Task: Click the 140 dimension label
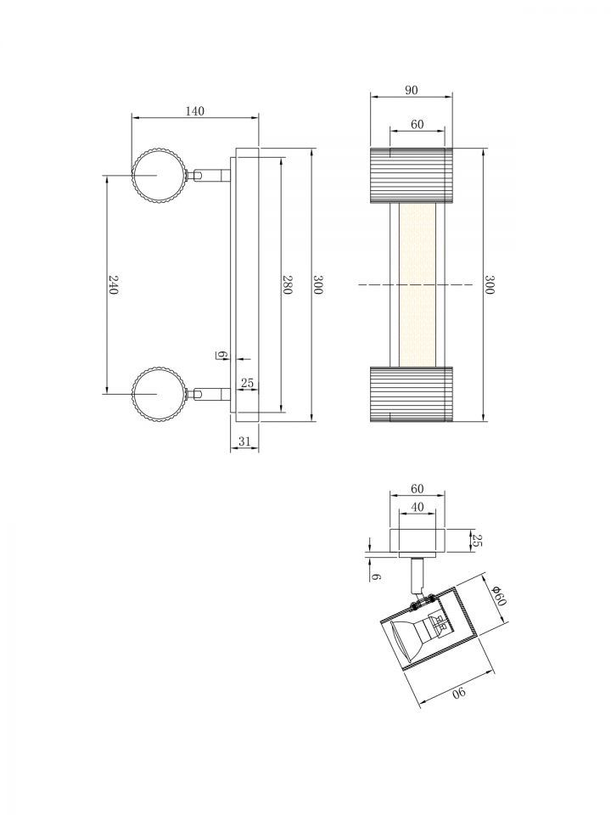pyautogui.click(x=195, y=110)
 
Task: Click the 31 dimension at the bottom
pyautogui.click(x=244, y=441)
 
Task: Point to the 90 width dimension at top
pyautogui.click(x=411, y=90)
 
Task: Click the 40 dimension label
pyautogui.click(x=418, y=507)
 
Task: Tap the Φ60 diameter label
pyautogui.click(x=498, y=595)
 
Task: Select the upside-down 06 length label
pyautogui.click(x=459, y=693)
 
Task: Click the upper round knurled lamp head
pyautogui.click(x=158, y=176)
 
